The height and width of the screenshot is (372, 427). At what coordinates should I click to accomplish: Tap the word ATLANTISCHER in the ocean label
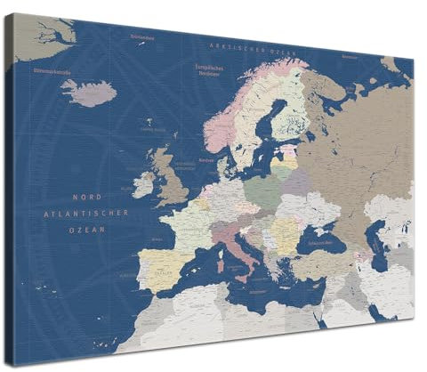point(87,213)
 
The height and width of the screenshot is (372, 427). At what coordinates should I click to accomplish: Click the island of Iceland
point(89,93)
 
